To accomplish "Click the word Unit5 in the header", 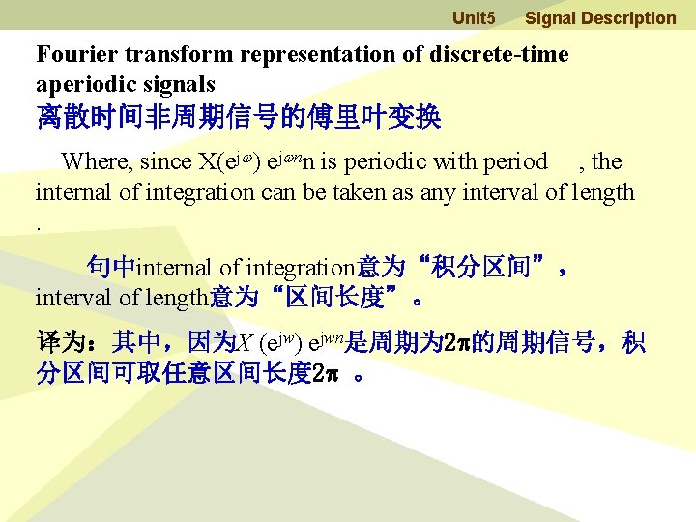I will click(474, 18).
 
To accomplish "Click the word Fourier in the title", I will click(73, 55).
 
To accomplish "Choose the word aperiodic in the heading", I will click(82, 84).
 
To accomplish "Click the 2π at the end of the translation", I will click(326, 373).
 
